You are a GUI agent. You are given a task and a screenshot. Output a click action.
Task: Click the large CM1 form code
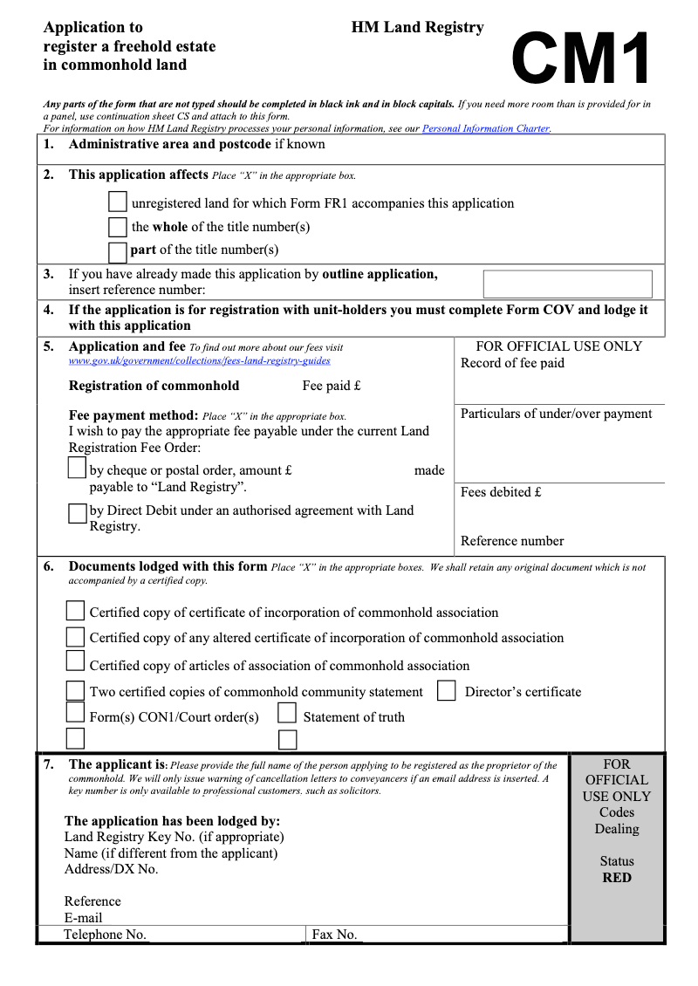point(581,60)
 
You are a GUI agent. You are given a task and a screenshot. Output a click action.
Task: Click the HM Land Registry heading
point(417,28)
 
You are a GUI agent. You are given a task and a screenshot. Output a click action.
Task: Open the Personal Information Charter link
point(486,128)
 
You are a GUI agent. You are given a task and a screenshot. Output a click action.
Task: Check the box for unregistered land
point(118,202)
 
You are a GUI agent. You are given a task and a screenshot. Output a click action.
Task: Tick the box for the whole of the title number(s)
point(118,227)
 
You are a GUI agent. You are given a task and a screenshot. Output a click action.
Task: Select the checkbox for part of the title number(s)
point(118,252)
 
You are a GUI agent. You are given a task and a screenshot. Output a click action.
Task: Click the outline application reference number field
point(567,284)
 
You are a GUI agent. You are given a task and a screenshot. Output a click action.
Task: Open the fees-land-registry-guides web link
point(199,360)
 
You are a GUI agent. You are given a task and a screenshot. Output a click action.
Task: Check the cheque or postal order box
point(77,469)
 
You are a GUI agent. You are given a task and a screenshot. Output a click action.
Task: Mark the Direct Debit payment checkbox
point(77,513)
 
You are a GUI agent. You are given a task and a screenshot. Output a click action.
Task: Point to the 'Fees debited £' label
point(501,492)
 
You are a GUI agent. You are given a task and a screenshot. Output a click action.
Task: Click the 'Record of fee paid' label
point(512,363)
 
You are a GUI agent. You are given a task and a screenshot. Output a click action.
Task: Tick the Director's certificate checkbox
point(446,691)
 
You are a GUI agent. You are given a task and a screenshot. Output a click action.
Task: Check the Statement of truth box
point(287,714)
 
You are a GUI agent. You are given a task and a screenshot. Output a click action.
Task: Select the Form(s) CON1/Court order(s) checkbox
point(76,714)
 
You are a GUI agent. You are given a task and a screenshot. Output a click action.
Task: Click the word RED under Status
point(616,878)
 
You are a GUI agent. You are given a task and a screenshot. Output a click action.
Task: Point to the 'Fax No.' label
point(335,935)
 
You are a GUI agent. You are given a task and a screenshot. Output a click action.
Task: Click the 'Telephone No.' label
point(105,935)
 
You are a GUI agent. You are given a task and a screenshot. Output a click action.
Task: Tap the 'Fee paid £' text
point(332,386)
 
